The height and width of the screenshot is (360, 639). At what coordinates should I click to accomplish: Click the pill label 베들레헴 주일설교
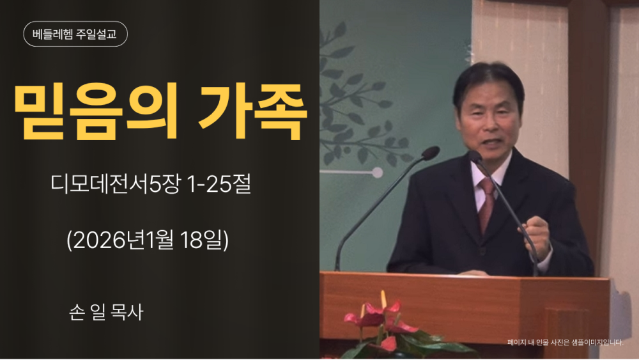[75, 34]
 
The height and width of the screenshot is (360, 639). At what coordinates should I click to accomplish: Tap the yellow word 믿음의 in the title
[96, 111]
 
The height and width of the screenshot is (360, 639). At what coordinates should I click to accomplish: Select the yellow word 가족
[252, 111]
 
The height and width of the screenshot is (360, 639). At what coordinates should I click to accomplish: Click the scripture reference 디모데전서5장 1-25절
[150, 184]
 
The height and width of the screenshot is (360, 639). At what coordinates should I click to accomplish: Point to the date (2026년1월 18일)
[148, 240]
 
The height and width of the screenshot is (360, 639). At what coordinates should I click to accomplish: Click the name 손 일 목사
[106, 312]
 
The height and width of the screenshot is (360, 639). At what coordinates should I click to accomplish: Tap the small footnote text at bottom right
[566, 343]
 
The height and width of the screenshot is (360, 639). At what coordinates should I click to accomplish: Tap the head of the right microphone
[475, 157]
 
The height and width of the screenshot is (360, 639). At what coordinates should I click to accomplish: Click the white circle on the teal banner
[378, 173]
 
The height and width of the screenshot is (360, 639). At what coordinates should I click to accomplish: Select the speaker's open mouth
[493, 143]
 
